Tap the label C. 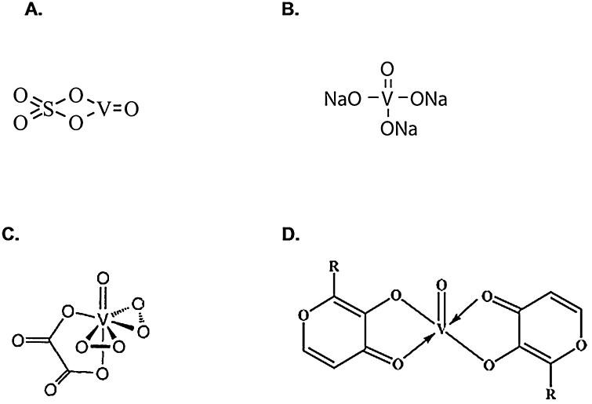[x=12, y=233]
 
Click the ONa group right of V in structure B [x=428, y=100]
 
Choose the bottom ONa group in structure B [x=398, y=129]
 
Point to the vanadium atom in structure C [x=102, y=321]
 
